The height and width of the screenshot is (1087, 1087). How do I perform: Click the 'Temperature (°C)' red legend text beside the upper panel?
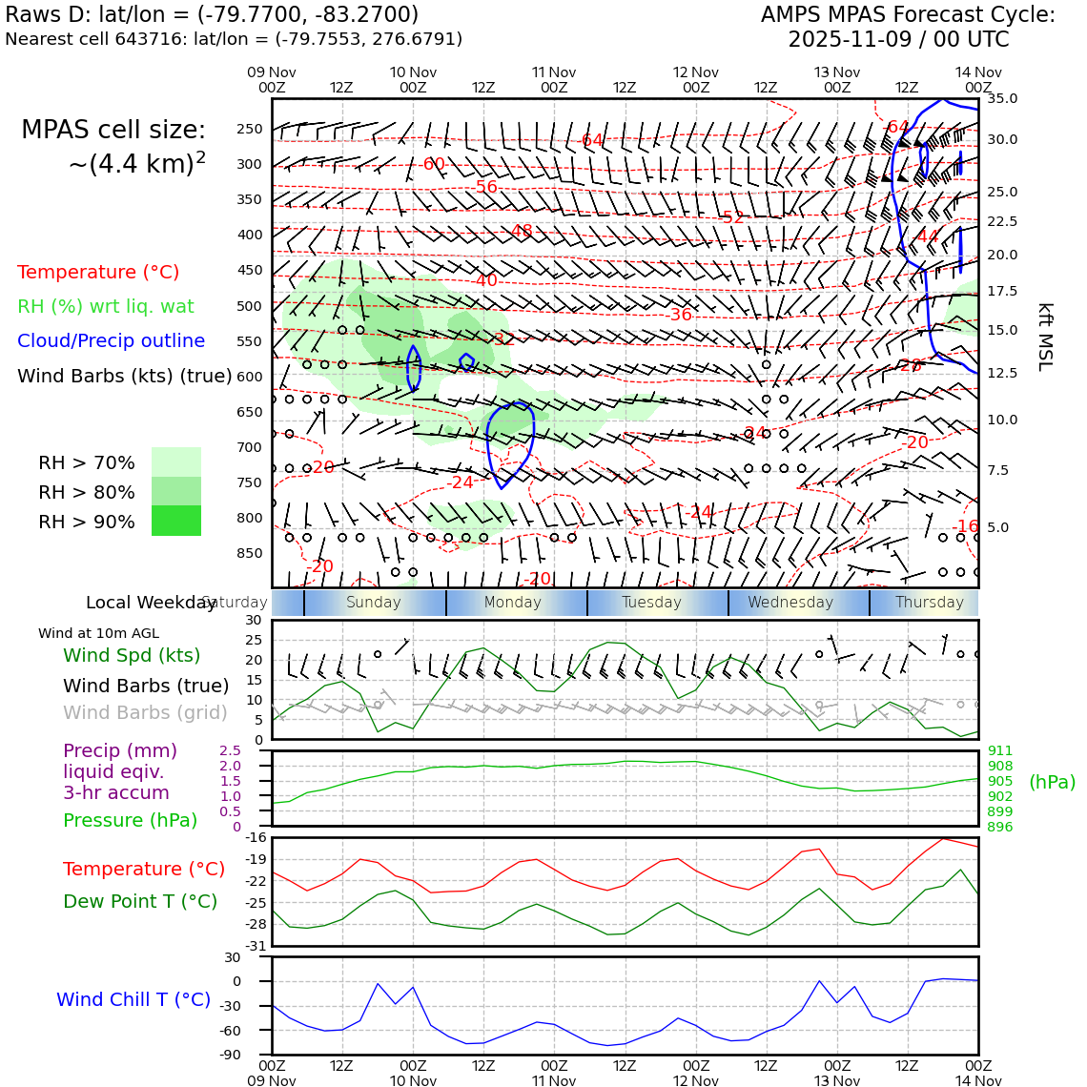(x=98, y=272)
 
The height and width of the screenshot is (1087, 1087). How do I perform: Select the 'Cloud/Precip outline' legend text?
(x=111, y=340)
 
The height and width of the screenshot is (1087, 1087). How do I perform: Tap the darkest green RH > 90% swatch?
(x=176, y=521)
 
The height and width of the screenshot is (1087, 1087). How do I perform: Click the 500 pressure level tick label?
(x=250, y=306)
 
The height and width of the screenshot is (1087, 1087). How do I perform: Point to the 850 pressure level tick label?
(x=250, y=553)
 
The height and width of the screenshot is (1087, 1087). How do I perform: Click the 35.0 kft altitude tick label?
(x=1002, y=98)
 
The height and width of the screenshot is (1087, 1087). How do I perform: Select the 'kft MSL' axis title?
(x=1045, y=337)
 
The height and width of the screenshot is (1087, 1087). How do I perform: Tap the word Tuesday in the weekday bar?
(x=652, y=603)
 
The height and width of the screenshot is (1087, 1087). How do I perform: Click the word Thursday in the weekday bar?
(x=930, y=603)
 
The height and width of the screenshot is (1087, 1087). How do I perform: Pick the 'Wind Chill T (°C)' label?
(x=133, y=999)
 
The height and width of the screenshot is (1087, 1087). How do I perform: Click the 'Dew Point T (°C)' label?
(x=140, y=901)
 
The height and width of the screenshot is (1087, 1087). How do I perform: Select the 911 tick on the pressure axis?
(x=1000, y=751)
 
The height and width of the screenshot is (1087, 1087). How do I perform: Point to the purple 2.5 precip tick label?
(x=230, y=751)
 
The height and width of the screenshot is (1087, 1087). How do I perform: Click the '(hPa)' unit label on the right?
(x=1052, y=782)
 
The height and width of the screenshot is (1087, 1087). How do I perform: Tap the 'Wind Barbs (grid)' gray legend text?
(x=146, y=712)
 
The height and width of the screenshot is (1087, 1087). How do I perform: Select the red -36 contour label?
(x=681, y=315)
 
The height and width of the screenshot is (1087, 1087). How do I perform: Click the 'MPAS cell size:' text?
(x=113, y=130)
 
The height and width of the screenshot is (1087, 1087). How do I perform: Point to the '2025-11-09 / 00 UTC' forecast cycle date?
(x=898, y=40)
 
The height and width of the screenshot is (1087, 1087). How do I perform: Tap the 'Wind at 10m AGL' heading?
(x=98, y=633)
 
